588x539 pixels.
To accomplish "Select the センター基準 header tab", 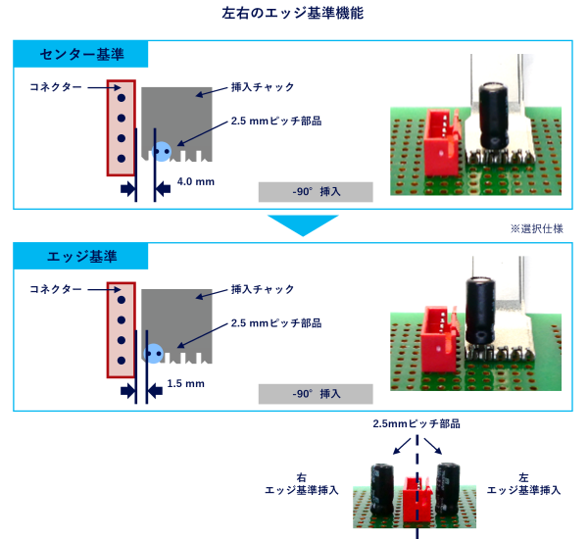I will coord(81,54).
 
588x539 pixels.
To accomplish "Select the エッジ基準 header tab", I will coord(81,257).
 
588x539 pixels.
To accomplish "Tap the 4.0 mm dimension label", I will coord(196,182).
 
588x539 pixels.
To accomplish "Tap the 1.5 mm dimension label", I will coord(185,383).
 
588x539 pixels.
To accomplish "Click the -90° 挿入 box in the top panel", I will coord(316,192).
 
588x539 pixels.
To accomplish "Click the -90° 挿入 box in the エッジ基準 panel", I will coord(316,394).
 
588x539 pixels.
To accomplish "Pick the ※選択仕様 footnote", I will coord(536,227).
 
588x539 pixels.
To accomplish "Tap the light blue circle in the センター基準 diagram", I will coord(163,151).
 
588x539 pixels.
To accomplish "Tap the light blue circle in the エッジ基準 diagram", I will coord(154,353).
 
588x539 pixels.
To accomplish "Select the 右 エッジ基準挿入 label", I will coord(301,483).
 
